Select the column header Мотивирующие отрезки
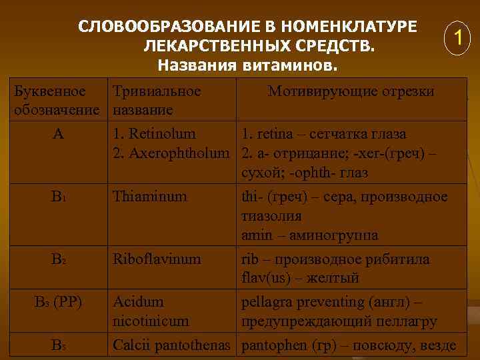351,91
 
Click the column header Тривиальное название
157,100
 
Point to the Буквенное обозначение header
57,100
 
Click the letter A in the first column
59,134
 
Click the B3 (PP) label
59,301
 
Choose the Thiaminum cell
150,197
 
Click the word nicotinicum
151,321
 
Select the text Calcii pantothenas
172,345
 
